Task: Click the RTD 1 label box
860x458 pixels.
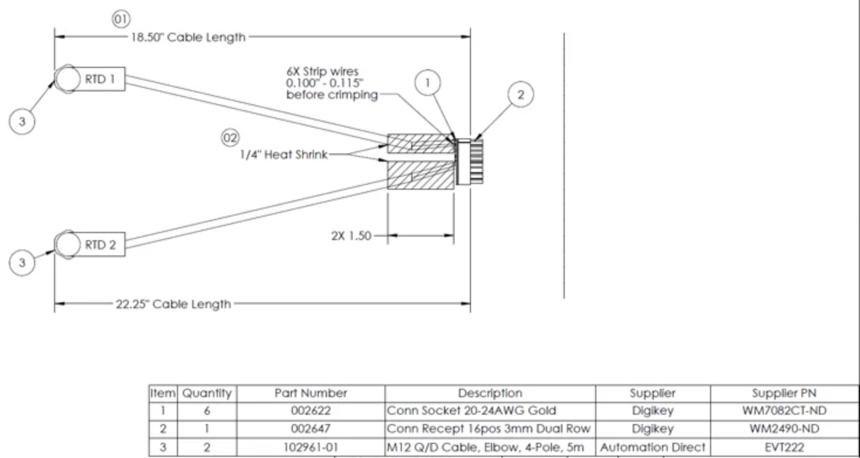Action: tap(100, 78)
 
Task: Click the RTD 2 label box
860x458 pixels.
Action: tap(100, 245)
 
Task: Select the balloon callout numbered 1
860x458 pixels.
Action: tap(428, 83)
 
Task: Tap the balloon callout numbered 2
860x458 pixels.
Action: tap(521, 94)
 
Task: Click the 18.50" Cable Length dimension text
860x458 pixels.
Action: tap(187, 37)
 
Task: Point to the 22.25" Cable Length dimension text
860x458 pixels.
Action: tap(173, 304)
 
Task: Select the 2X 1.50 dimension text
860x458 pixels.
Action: tap(351, 236)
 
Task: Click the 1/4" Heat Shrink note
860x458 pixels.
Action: tap(284, 155)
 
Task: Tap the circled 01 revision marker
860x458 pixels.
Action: tap(121, 19)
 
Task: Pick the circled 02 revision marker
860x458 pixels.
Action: tap(230, 138)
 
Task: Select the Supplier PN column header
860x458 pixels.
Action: tap(784, 393)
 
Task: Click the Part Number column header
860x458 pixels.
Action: tap(310, 393)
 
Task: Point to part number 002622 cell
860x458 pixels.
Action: tap(310, 411)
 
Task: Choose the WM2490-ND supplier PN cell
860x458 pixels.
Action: tap(784, 429)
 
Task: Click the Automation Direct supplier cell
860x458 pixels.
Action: tap(653, 447)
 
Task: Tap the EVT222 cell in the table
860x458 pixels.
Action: tap(784, 447)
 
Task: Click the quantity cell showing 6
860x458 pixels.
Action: tap(207, 411)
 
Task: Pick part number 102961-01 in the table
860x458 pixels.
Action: tap(310, 447)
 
